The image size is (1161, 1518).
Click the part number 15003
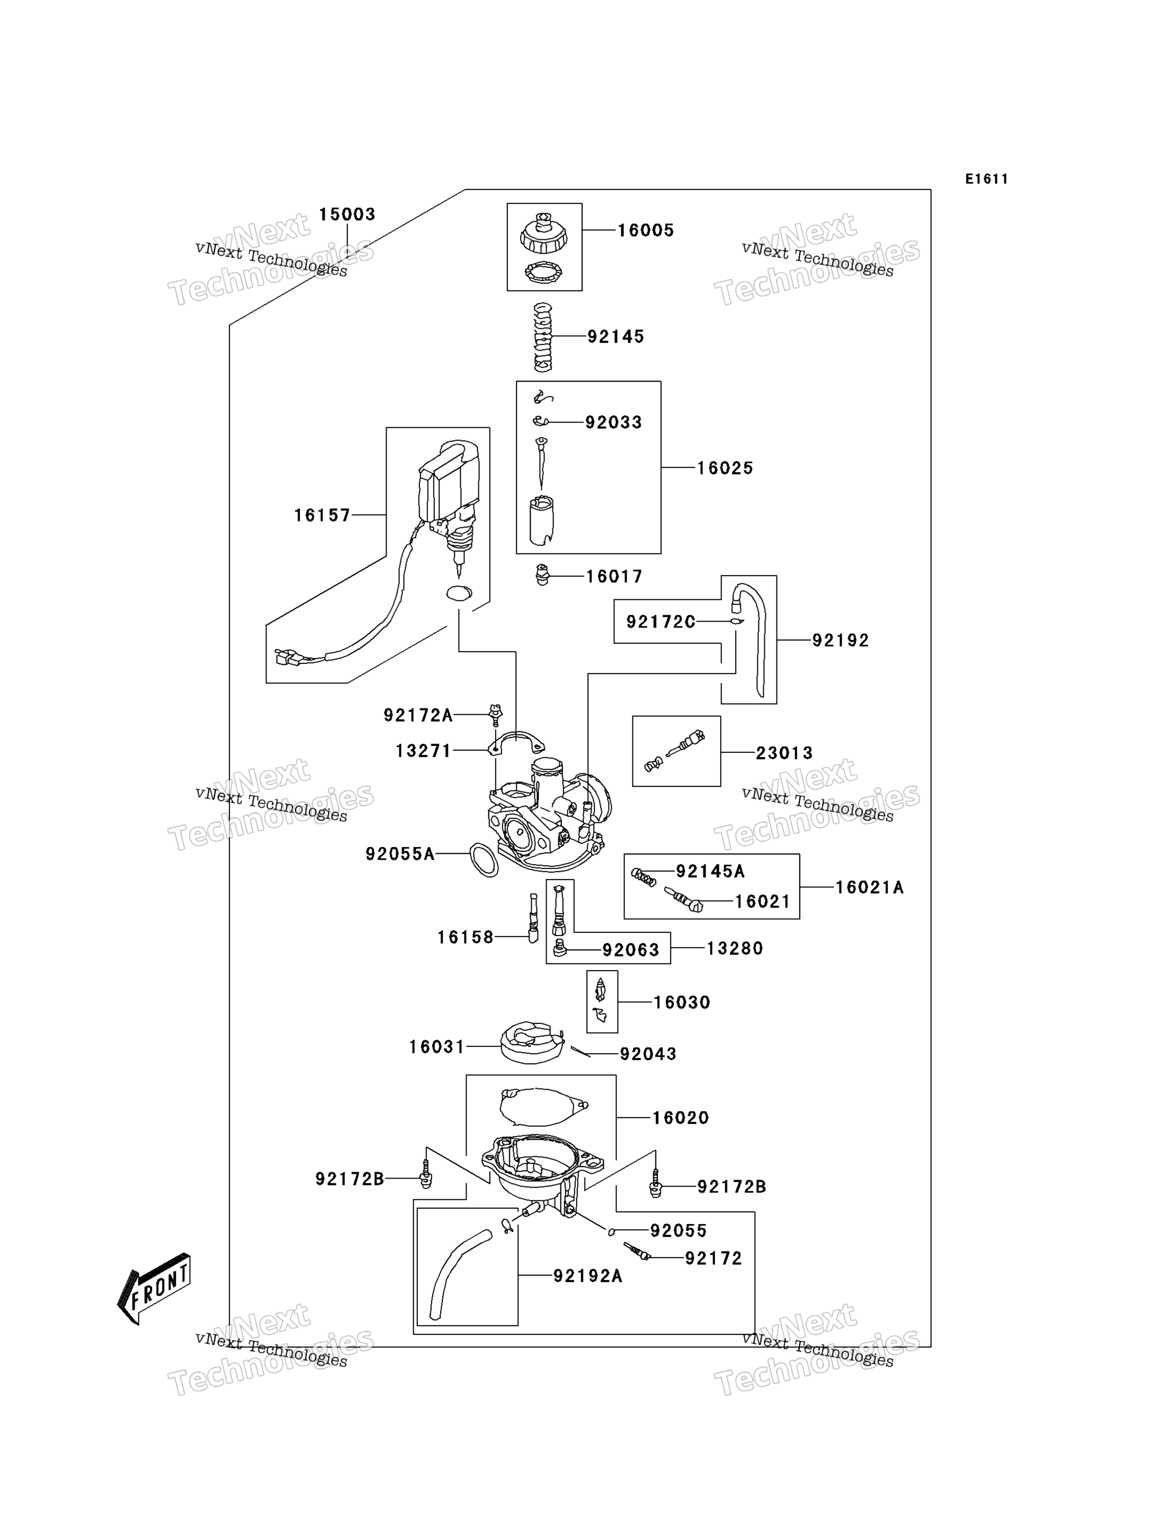(347, 214)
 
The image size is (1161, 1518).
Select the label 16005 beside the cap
(646, 230)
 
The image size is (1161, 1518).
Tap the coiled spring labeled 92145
(543, 337)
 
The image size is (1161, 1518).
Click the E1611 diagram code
(987, 179)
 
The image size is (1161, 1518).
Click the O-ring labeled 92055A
(484, 860)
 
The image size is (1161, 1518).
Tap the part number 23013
(784, 752)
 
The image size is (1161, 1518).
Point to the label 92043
(648, 1054)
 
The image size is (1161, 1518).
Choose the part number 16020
(681, 1117)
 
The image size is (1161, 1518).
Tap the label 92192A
(588, 1276)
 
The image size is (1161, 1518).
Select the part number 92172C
(660, 622)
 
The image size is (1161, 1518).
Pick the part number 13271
(424, 750)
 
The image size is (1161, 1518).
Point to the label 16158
(466, 937)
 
